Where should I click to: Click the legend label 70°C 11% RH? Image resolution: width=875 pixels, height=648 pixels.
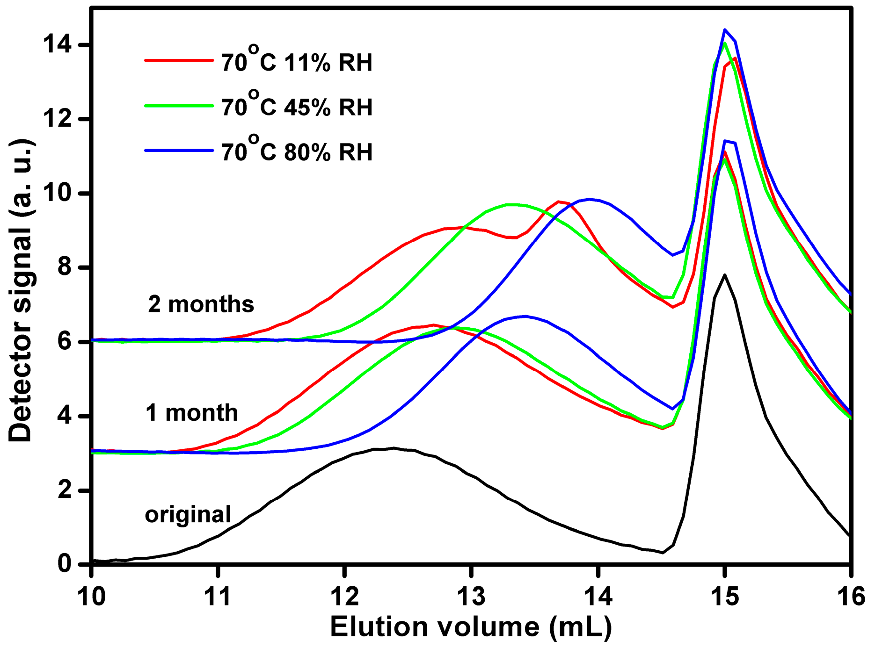pos(297,62)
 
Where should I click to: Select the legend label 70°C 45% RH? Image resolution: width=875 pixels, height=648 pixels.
pos(297,107)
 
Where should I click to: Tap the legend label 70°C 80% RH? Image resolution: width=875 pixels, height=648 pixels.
pos(297,152)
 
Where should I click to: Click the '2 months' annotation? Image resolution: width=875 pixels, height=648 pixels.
pos(201,304)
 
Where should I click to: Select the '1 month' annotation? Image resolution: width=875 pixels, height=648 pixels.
pos(192,413)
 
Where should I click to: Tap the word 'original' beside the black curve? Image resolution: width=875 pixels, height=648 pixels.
pos(188,514)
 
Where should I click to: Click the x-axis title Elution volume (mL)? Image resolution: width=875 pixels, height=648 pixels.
pos(471,626)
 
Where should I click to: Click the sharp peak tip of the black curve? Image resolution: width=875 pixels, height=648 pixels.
pos(724,275)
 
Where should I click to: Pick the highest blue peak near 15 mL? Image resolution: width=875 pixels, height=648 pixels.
pos(725,29)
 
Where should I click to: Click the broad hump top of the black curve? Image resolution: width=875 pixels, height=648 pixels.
pos(393,448)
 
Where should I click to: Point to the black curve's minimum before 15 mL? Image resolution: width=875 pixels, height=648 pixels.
pos(663,553)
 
